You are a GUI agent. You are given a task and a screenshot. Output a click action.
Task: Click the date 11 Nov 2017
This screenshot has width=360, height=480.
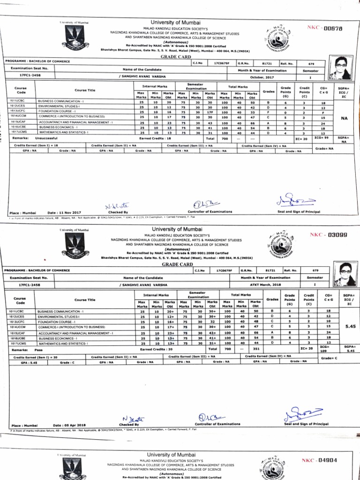64,212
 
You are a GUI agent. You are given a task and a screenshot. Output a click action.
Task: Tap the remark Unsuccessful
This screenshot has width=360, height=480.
45,139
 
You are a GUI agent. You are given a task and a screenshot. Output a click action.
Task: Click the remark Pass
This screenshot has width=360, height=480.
38,349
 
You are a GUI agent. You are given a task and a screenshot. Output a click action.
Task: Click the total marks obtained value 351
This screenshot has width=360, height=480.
254,349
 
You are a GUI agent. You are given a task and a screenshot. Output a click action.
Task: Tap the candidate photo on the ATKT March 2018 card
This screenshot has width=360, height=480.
346,274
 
